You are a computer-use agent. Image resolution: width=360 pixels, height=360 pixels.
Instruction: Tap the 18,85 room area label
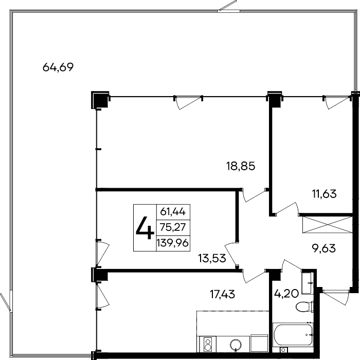pos(241,166)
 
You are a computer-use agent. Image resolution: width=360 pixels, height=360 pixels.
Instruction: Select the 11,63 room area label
pos(324,194)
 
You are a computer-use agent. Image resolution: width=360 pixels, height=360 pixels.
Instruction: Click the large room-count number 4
pos(144,228)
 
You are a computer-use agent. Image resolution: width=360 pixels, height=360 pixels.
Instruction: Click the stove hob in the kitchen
pos(208,343)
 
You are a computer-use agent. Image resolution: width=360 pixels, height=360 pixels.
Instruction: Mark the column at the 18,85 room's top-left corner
pos(99,99)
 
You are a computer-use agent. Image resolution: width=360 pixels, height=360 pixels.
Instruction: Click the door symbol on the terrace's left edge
pos(6,299)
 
